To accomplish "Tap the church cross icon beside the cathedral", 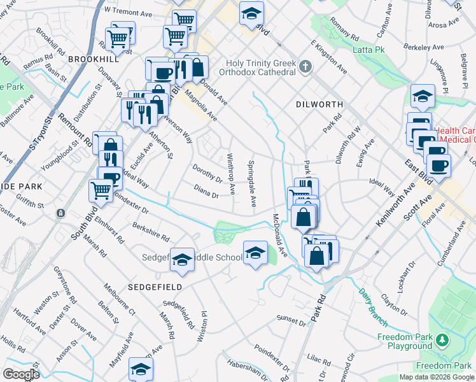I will pos(305,66).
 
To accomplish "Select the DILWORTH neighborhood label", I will pos(319,104).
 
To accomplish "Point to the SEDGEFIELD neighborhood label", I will pos(155,287).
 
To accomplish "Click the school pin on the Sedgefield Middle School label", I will pos(182,259).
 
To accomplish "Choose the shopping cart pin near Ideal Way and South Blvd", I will pos(101,189).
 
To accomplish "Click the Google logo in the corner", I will pos(21,374).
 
